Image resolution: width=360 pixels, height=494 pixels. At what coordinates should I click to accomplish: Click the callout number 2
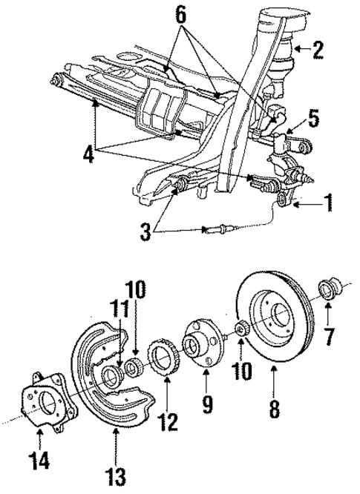coord(318,50)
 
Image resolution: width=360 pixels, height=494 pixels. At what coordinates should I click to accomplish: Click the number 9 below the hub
coord(207,406)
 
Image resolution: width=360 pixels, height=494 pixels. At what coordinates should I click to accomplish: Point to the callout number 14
coord(40,461)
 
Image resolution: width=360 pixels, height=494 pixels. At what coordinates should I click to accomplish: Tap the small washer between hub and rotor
coord(240,329)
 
